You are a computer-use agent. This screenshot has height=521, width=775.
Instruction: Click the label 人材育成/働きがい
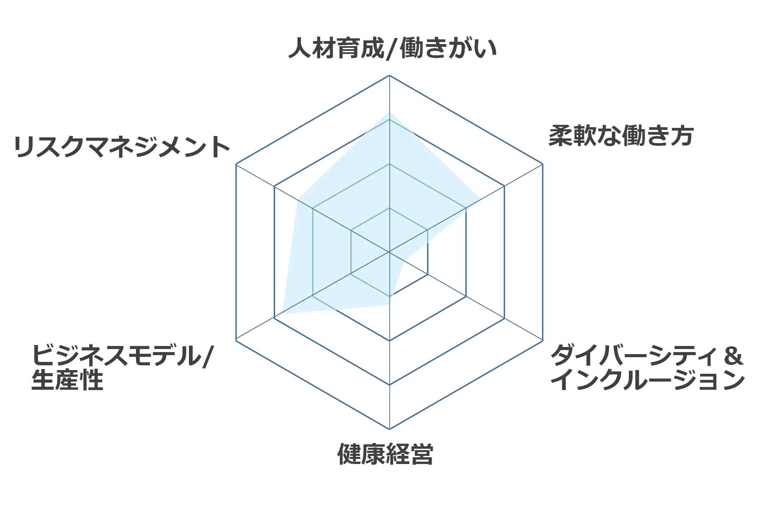click(x=392, y=49)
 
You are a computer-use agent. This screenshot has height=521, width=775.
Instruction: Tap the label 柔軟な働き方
click(x=621, y=136)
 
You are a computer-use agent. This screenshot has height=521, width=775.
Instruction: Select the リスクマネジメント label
click(x=122, y=147)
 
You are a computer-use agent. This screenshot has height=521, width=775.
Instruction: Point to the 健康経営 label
click(x=385, y=454)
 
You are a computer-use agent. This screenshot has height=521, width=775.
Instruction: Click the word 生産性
click(x=67, y=380)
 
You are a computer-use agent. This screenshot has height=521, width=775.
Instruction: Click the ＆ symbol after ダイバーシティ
click(x=733, y=356)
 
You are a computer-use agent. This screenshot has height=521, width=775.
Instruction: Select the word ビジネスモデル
click(x=116, y=355)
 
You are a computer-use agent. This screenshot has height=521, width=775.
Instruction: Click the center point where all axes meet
click(x=389, y=252)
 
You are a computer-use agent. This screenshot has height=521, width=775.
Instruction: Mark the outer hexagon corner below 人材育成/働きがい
click(x=389, y=75)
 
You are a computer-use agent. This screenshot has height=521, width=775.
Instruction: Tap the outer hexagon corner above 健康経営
click(x=389, y=429)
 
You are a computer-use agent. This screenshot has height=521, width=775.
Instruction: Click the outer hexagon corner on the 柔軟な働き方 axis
click(x=543, y=164)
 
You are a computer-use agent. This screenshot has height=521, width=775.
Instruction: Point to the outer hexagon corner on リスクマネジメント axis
click(x=236, y=164)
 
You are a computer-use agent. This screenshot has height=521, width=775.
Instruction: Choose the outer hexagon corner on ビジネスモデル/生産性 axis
click(x=236, y=340)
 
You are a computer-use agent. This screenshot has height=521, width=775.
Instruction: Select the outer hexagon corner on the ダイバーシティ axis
click(x=543, y=340)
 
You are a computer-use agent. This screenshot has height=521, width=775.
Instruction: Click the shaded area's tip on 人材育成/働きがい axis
click(x=389, y=112)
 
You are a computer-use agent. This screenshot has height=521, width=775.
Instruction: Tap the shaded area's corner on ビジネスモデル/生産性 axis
click(x=282, y=314)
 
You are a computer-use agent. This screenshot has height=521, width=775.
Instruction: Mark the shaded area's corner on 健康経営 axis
click(x=389, y=305)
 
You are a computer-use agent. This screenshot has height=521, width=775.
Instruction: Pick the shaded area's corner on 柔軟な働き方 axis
click(x=480, y=199)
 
